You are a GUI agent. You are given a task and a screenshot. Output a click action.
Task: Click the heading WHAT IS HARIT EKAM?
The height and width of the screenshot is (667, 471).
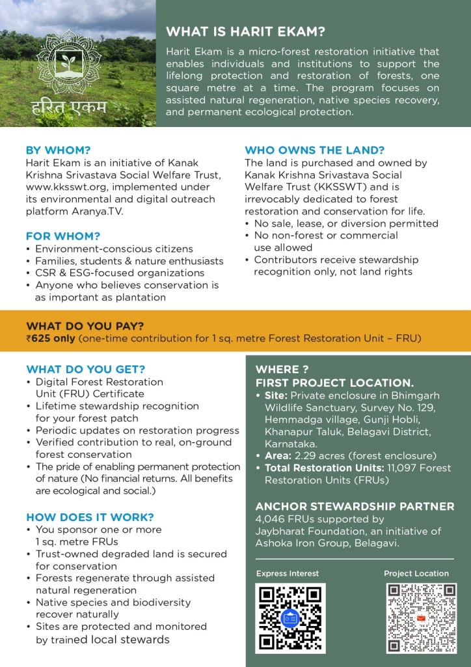[246, 32]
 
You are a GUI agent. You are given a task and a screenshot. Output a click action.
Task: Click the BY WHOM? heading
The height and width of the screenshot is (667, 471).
[58, 149]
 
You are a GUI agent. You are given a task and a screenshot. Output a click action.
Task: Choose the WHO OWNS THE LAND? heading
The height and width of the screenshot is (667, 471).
[314, 149]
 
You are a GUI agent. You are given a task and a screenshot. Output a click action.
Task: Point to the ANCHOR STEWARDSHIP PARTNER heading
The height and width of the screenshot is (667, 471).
[355, 506]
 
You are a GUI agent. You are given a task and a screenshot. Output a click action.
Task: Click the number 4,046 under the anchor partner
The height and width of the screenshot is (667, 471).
[272, 519]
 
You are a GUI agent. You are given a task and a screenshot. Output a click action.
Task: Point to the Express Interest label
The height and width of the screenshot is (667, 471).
[287, 573]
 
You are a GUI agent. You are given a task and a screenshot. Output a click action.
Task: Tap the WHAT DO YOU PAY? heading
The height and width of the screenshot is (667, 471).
[85, 326]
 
